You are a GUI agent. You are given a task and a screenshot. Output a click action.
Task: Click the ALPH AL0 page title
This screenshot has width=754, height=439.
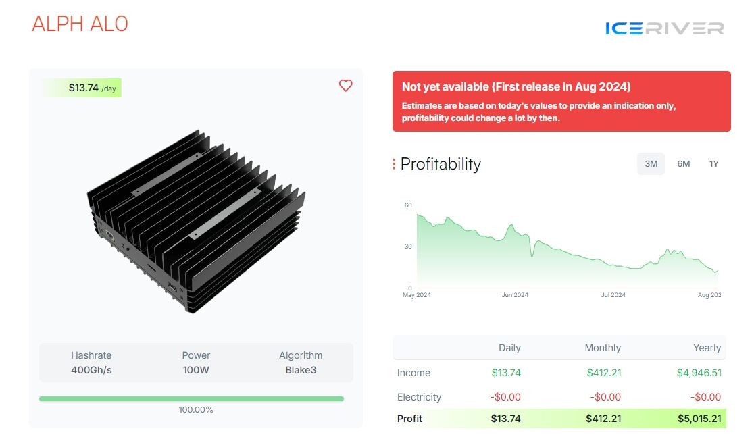point(80,24)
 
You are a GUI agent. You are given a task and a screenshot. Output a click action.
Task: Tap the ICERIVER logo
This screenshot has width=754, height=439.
point(664,28)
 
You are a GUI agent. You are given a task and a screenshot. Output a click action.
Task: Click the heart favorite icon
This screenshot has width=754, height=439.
point(345,86)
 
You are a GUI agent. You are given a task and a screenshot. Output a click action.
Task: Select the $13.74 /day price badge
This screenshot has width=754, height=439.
point(83,88)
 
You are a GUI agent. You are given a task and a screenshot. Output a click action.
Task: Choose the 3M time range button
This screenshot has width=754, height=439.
point(651,163)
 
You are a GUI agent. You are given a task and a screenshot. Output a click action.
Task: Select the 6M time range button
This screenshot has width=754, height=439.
point(683,163)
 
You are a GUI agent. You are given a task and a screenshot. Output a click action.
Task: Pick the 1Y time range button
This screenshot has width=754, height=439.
point(713,163)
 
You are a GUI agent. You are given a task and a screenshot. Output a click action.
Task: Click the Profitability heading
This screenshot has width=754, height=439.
point(441,164)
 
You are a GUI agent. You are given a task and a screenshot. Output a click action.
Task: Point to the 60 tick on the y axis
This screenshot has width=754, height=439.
point(408,205)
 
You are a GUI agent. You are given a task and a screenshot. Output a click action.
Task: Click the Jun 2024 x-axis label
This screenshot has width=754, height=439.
point(516,295)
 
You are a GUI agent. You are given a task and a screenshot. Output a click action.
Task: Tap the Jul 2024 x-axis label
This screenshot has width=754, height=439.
point(613,295)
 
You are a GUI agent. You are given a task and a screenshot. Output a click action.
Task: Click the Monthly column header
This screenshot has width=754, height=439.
point(603,348)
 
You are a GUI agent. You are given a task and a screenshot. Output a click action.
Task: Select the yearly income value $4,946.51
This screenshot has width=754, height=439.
point(699,373)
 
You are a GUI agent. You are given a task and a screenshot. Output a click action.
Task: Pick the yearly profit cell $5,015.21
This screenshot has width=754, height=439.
point(699,419)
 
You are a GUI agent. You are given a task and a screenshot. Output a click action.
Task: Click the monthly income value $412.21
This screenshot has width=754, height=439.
point(603,373)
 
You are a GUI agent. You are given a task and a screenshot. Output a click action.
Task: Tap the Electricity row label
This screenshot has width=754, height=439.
point(419,397)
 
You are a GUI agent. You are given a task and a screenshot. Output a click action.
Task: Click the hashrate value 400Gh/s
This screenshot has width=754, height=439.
point(91,370)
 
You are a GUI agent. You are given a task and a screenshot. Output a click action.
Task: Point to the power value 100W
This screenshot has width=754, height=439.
point(196,370)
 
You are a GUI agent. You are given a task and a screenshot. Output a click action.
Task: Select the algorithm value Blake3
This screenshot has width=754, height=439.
point(301,370)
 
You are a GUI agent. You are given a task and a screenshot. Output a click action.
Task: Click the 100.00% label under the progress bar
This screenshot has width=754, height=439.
point(196,410)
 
